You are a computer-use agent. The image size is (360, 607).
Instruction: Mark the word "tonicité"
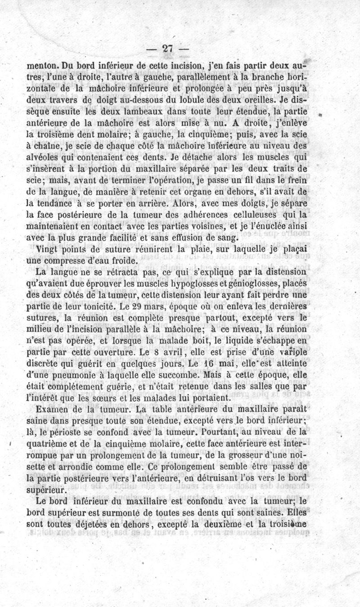point(100,306)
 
